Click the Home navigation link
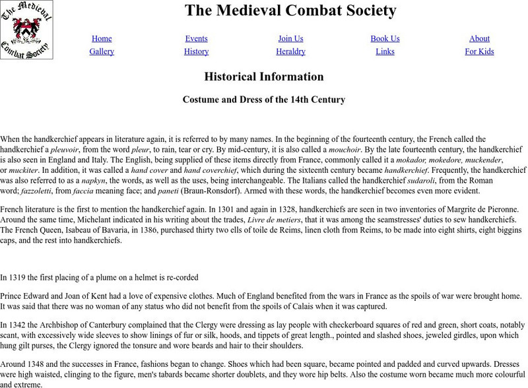(102, 38)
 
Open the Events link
(197, 38)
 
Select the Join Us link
(291, 38)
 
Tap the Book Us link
(385, 38)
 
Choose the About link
(479, 38)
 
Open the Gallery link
(102, 51)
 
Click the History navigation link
(197, 51)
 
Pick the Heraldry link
(291, 51)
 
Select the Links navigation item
(385, 51)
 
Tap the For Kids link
(479, 51)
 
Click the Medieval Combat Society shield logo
(26, 30)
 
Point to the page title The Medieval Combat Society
(290, 11)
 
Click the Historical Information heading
(264, 77)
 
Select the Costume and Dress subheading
(264, 100)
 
